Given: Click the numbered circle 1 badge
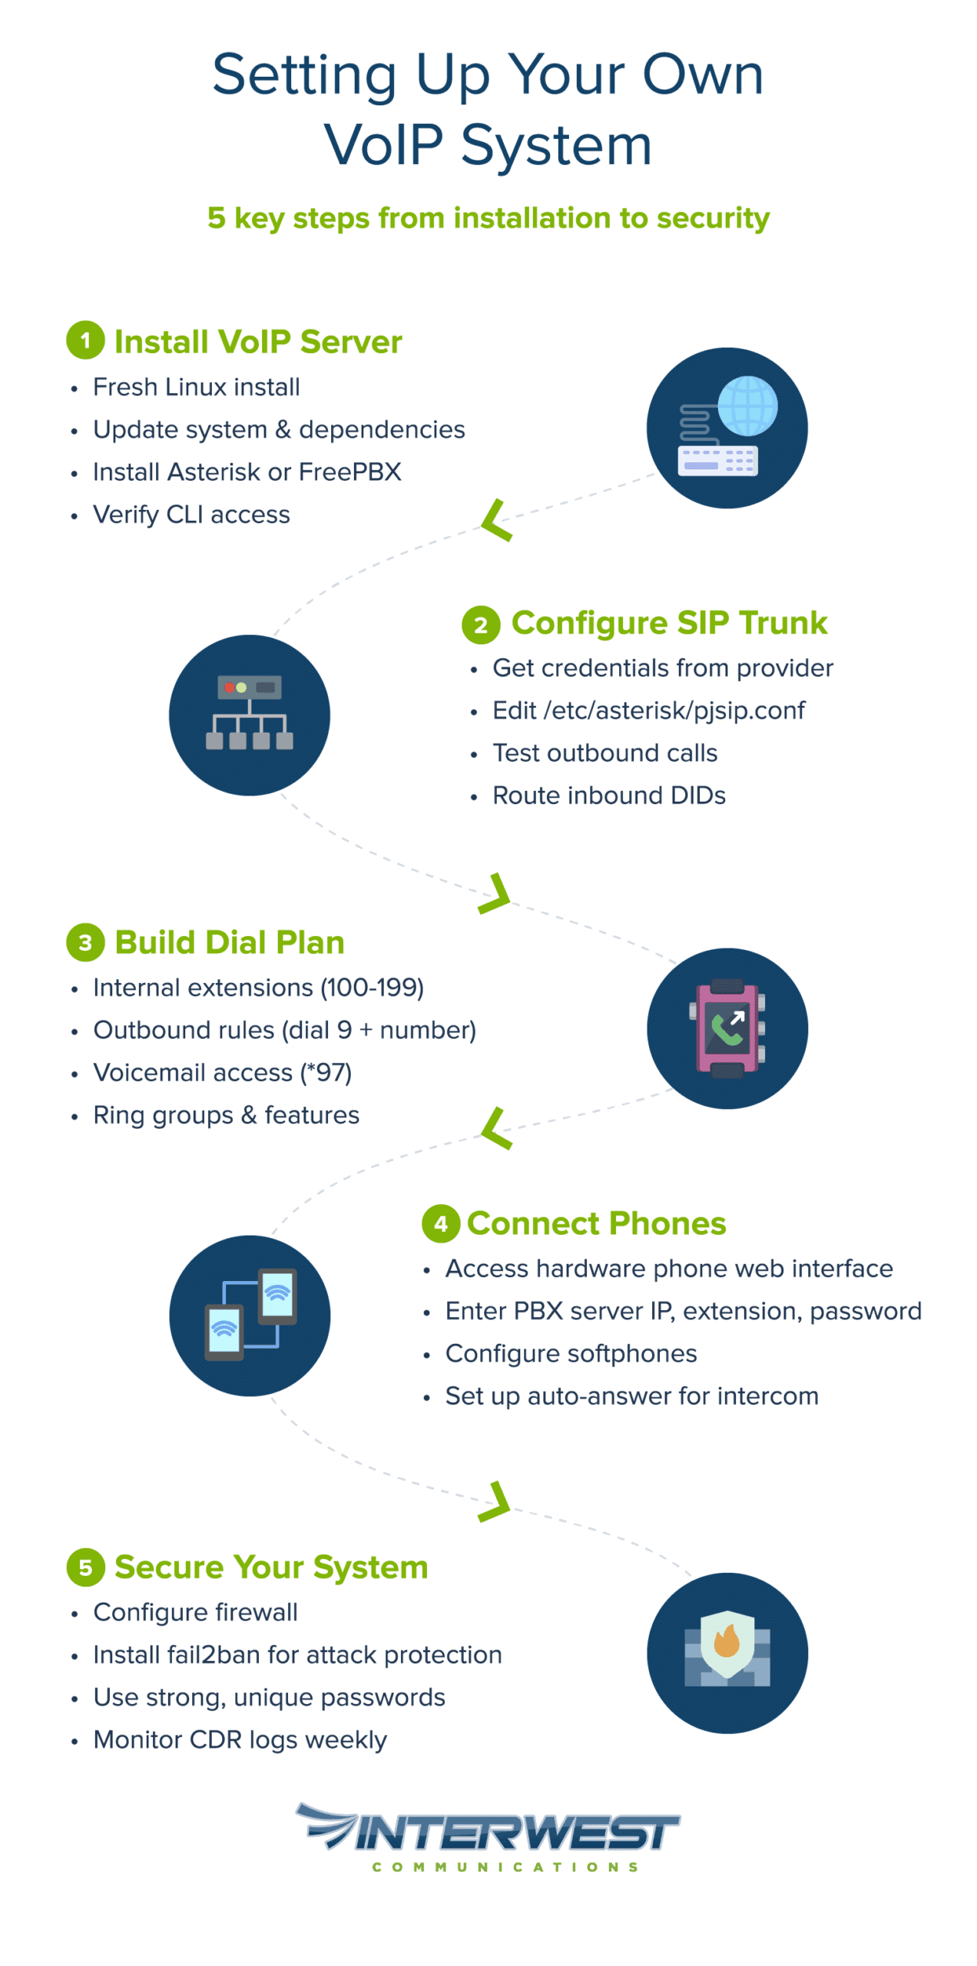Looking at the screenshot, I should click(85, 340).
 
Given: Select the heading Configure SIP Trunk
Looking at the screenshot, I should click(668, 622).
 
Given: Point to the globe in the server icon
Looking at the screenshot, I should click(747, 405).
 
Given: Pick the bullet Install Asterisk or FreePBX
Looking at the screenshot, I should click(247, 472).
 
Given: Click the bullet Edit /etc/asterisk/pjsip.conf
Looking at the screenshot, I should click(647, 710).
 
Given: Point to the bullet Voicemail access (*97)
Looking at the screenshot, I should click(222, 1072).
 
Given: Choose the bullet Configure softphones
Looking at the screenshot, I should click(571, 1353).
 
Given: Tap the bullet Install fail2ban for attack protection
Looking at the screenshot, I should click(297, 1654).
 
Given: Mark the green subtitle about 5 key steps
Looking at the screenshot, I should click(488, 218).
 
